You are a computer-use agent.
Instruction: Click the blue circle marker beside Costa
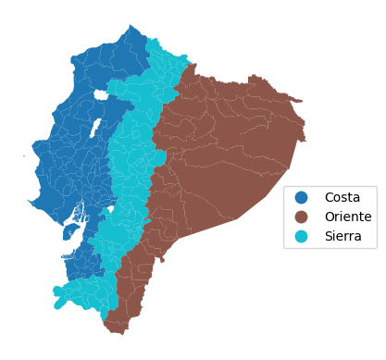tap(301, 197)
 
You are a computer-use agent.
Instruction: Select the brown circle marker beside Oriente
tap(301, 217)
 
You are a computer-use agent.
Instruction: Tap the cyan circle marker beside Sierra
tap(301, 236)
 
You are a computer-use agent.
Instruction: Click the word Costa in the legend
tap(342, 197)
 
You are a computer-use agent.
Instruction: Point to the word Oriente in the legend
tap(347, 217)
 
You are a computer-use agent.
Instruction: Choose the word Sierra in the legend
tap(342, 236)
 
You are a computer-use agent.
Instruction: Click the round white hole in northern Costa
tap(100, 94)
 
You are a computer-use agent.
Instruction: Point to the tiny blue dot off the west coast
tap(24, 155)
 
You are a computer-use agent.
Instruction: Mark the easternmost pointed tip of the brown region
tap(305, 140)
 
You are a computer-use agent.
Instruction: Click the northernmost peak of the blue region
tap(132, 26)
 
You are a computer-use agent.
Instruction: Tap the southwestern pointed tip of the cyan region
tap(56, 306)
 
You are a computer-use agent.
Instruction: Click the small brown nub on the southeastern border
tap(162, 259)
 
